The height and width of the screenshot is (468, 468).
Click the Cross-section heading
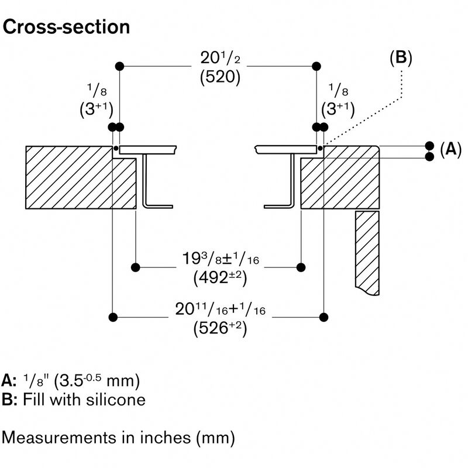[x=66, y=27]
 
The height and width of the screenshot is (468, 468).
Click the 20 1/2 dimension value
[x=216, y=60]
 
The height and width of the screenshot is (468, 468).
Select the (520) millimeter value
[x=216, y=78]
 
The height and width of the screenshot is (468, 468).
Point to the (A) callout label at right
[x=450, y=150]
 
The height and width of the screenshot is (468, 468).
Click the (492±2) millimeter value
[x=219, y=278]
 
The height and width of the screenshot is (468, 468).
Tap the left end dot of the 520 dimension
[x=120, y=66]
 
